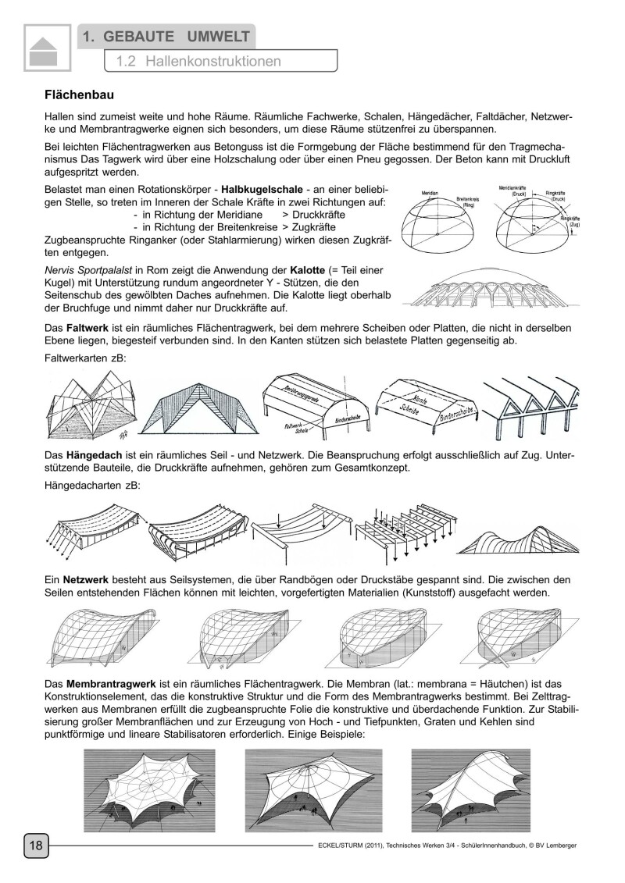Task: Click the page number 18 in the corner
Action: (36, 846)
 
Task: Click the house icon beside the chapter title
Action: (46, 51)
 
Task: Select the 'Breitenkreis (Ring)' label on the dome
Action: (470, 203)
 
